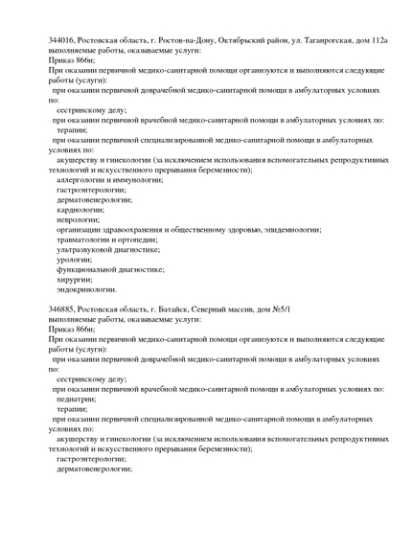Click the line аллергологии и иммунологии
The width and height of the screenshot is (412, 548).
point(109,179)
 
